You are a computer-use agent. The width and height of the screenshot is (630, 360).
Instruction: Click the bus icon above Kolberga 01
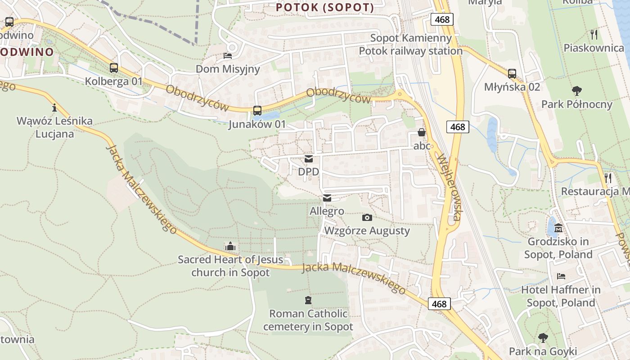click(114, 68)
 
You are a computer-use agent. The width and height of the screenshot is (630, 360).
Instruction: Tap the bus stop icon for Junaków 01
click(257, 110)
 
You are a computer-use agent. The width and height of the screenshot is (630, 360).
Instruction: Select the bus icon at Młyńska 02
click(512, 74)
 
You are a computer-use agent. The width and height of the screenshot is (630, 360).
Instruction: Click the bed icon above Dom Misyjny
click(228, 56)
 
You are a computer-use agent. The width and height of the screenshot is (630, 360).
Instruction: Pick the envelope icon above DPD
click(309, 159)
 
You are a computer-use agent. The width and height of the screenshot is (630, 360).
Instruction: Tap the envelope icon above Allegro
click(327, 198)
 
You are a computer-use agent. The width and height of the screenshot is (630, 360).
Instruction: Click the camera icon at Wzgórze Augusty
click(367, 218)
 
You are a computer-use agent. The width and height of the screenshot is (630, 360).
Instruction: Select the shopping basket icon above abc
click(422, 133)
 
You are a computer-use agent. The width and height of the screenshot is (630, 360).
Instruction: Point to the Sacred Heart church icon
click(230, 246)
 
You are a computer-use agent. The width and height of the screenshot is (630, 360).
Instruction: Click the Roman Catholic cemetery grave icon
click(308, 300)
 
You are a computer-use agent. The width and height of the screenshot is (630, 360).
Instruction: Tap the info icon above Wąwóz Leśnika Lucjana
click(54, 108)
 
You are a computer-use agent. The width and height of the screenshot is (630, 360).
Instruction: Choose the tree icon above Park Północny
click(576, 91)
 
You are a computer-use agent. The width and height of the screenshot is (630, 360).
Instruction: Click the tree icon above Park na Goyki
click(543, 337)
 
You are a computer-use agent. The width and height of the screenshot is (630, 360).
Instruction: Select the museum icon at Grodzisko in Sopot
click(558, 228)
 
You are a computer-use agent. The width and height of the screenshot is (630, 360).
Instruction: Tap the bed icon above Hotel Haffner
click(561, 276)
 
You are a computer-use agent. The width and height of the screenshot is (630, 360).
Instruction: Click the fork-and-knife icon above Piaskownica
click(594, 34)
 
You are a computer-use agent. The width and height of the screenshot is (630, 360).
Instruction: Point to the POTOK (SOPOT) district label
click(325, 8)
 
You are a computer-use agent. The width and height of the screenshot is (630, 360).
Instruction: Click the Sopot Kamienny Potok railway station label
click(410, 45)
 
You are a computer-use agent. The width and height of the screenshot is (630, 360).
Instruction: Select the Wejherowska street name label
click(449, 188)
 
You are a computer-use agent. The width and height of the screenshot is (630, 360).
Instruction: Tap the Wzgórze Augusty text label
click(367, 231)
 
